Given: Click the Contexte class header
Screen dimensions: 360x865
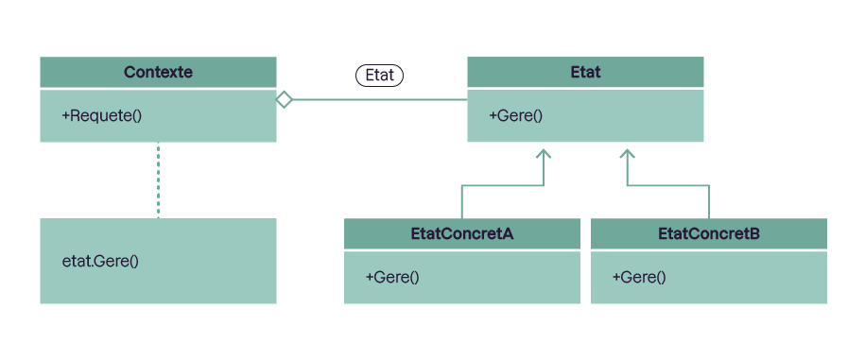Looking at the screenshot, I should point(158,72).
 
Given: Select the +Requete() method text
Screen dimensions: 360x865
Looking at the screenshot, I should point(101,116).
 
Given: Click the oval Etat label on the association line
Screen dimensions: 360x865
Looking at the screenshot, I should point(380,76).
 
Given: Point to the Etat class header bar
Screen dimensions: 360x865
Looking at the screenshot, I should point(585,72).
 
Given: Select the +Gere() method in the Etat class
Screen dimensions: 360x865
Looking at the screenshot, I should point(516,116).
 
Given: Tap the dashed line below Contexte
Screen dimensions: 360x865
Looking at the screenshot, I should point(158,180).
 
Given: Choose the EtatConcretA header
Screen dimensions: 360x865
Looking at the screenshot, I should point(461,233).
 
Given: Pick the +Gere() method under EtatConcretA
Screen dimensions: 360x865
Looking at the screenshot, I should point(392,277).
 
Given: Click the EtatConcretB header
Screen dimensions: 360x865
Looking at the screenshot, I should point(708,233).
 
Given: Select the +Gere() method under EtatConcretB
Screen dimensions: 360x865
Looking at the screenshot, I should point(639,277).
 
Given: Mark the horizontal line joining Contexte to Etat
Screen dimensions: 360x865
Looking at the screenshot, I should point(378,99).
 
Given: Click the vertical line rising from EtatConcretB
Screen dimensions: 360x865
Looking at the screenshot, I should point(708,202).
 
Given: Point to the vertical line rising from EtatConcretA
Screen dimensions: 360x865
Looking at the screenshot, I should point(461,202).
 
